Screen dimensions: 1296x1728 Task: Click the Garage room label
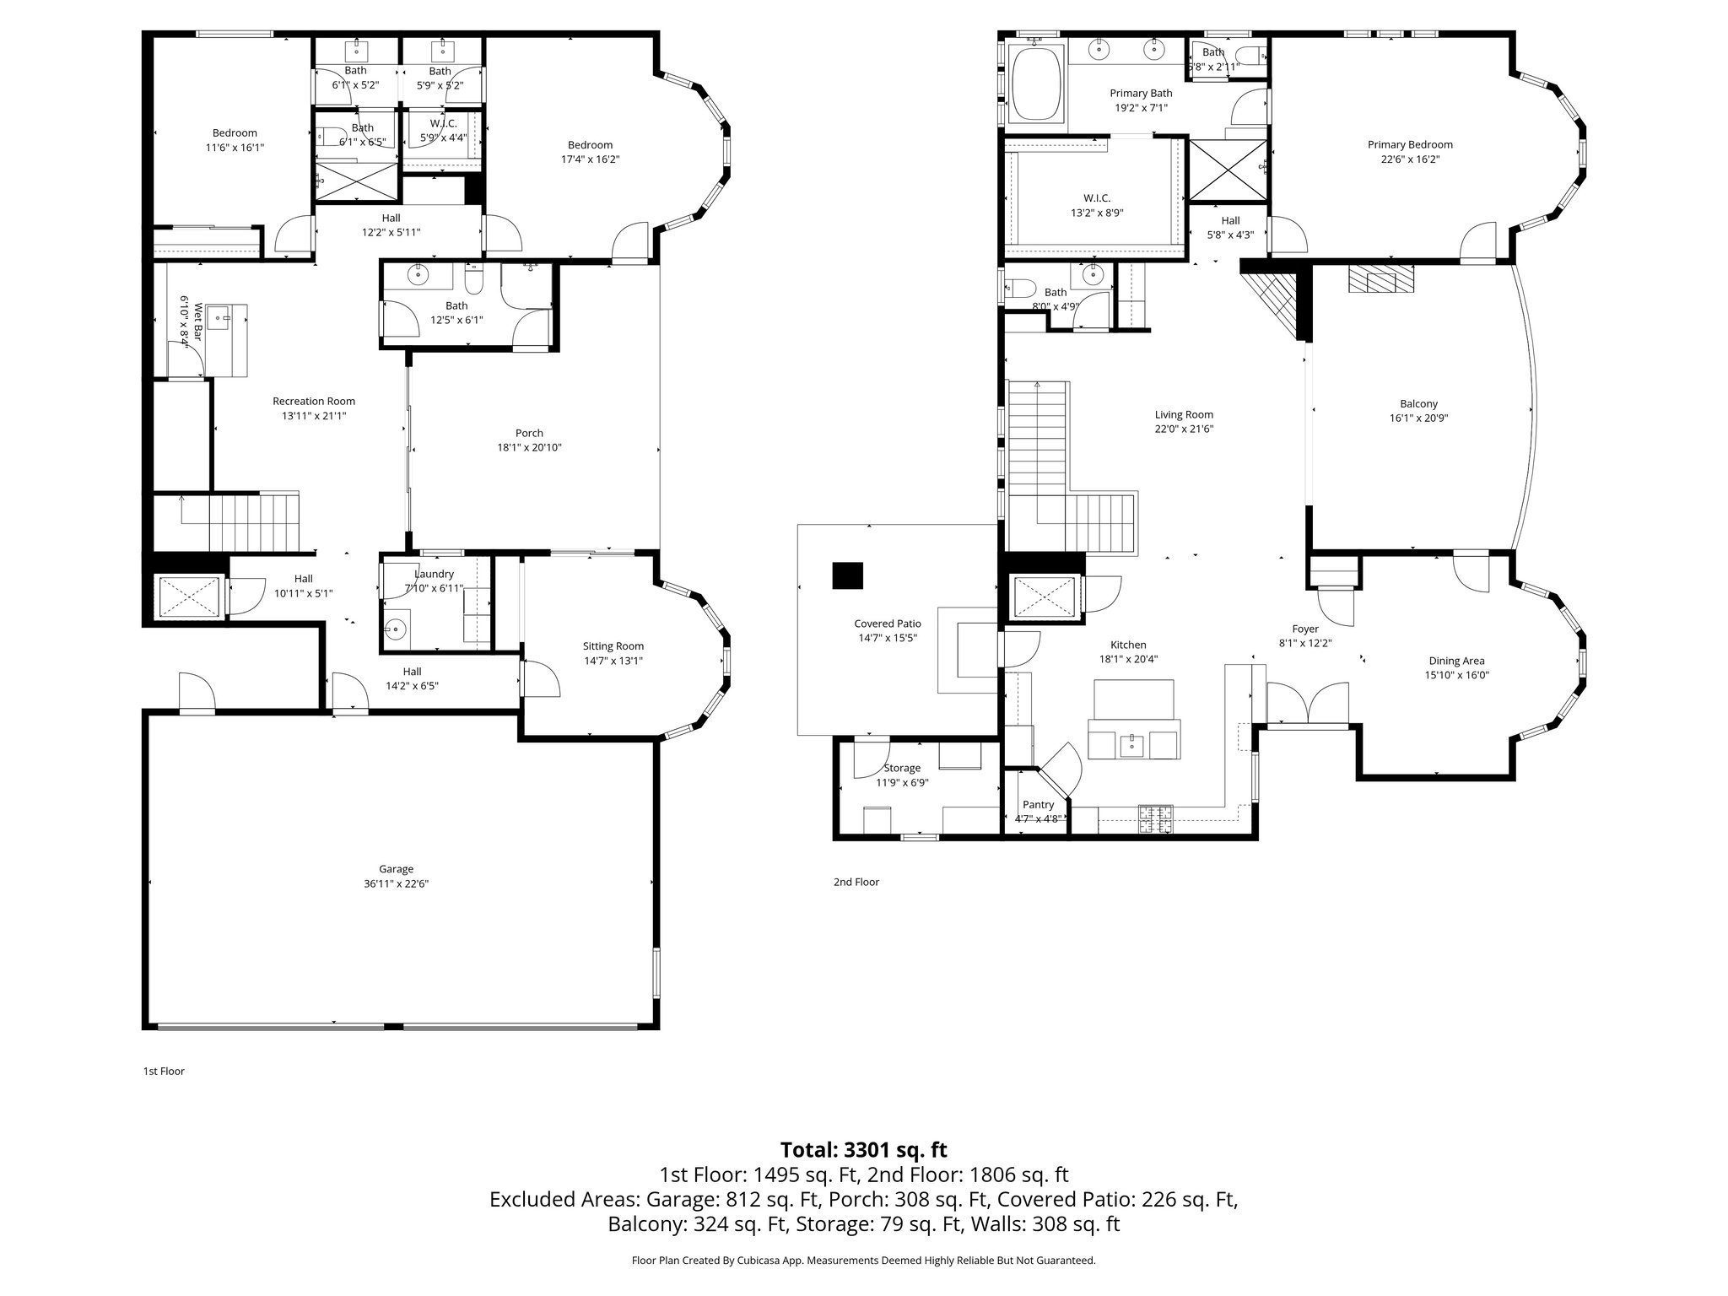[396, 869]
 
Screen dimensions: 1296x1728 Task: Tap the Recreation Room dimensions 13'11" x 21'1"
[314, 416]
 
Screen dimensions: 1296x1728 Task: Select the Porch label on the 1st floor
[529, 433]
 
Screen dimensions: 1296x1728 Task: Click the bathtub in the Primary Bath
[1034, 84]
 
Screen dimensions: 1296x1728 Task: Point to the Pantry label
[1038, 805]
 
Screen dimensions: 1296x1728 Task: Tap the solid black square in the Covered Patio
[847, 575]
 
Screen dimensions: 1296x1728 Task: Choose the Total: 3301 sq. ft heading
[863, 1150]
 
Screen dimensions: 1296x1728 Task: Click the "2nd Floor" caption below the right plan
[856, 882]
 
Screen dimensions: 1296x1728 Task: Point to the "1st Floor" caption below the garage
[164, 1072]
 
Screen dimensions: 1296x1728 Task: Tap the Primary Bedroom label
[1410, 144]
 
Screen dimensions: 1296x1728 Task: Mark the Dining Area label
[1456, 661]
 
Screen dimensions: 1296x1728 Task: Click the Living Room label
[1184, 414]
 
